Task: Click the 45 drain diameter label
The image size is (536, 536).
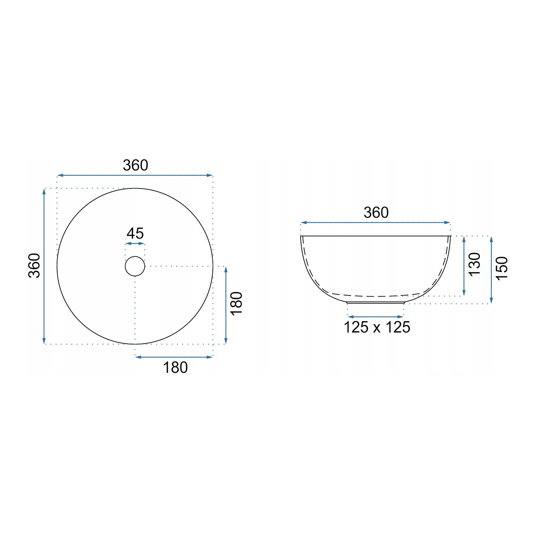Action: (135, 234)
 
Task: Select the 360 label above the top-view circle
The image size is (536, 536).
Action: (135, 165)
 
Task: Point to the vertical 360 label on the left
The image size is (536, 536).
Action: (34, 266)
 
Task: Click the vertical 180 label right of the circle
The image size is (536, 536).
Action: (237, 304)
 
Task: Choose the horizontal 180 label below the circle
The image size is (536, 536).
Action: (175, 367)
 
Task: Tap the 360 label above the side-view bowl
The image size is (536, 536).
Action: (376, 213)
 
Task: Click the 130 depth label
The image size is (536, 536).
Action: (474, 264)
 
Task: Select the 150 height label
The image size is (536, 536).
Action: (502, 268)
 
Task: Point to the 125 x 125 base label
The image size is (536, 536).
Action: (377, 327)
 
